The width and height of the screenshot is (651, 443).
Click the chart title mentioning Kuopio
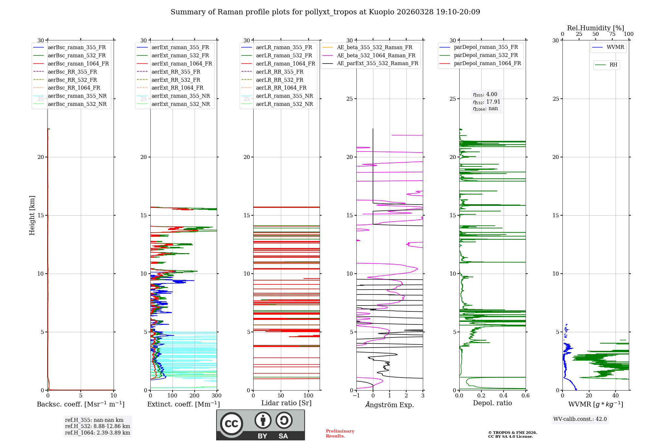point(325,12)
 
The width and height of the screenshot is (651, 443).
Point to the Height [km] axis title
point(32,215)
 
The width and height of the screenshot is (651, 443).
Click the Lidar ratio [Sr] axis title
point(286,403)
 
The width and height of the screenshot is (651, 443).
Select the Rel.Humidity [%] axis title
point(596,28)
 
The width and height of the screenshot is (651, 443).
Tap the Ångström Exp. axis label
point(390,405)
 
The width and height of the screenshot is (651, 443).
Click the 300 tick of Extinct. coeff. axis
point(217,396)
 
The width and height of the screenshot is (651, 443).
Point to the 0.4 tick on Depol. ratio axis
point(504,396)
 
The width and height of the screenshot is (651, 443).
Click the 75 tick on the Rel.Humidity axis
point(612,34)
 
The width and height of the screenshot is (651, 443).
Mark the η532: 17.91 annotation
point(487,102)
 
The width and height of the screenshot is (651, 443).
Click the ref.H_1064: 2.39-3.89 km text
point(98,433)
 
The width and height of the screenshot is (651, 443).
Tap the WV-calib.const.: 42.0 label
point(580,419)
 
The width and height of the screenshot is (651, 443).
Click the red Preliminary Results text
point(340,434)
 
